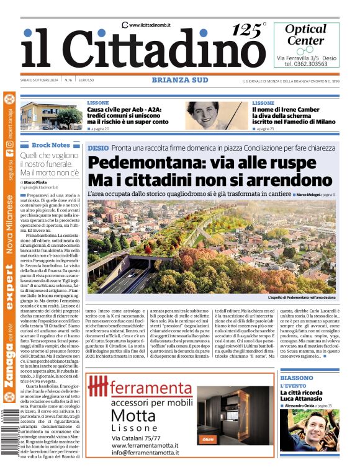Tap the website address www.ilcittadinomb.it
(x=149, y=25)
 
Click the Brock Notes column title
(x=51, y=144)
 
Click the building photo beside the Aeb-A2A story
(x=51, y=115)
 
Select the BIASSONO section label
(x=296, y=377)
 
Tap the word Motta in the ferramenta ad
(x=133, y=414)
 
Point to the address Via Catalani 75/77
(x=135, y=438)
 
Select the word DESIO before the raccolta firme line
(x=98, y=148)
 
